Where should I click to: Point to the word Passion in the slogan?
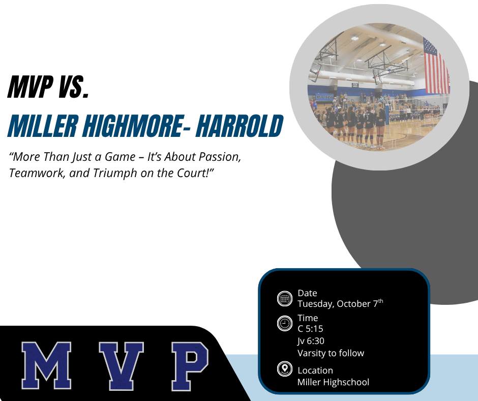click(220, 157)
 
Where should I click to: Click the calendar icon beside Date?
click(285, 298)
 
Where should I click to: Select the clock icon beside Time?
click(285, 323)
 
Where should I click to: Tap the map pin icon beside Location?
click(285, 368)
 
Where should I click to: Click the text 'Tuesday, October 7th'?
click(340, 303)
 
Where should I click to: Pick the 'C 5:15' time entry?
click(310, 329)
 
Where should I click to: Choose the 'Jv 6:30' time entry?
click(311, 341)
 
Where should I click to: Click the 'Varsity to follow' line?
click(331, 353)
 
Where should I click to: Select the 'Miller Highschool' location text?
click(333, 382)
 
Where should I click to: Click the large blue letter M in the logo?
click(46, 365)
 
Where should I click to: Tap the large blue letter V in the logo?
click(122, 366)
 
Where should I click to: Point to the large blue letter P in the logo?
click(190, 366)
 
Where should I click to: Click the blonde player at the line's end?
click(380, 126)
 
